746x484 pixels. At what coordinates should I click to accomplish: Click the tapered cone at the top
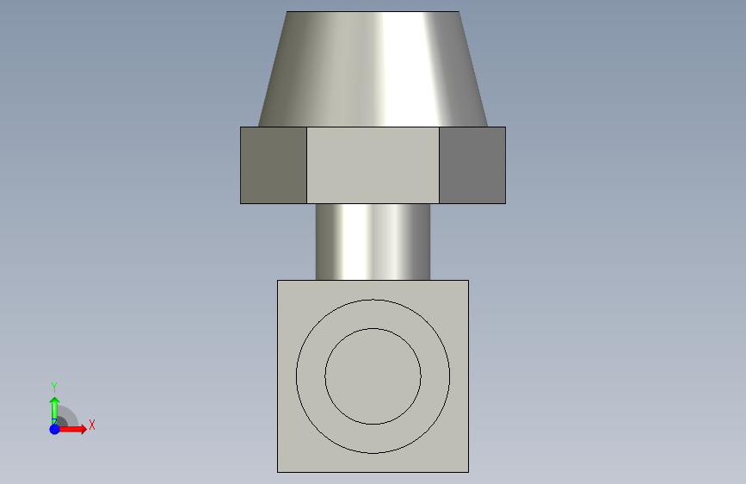pyautogui.click(x=373, y=69)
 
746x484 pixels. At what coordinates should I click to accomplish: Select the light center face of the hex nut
pyautogui.click(x=373, y=165)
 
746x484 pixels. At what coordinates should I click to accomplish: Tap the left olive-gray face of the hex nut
pyautogui.click(x=274, y=165)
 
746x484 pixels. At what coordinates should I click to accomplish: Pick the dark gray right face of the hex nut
pyautogui.click(x=472, y=165)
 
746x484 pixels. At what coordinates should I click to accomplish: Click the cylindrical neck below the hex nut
pyautogui.click(x=373, y=242)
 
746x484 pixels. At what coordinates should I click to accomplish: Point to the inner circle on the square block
pyautogui.click(x=373, y=328)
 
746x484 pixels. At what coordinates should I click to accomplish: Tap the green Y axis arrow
pyautogui.click(x=54, y=410)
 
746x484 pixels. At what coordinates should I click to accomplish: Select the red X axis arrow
pyautogui.click(x=71, y=429)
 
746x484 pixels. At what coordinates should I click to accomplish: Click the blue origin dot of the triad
pyautogui.click(x=55, y=429)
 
